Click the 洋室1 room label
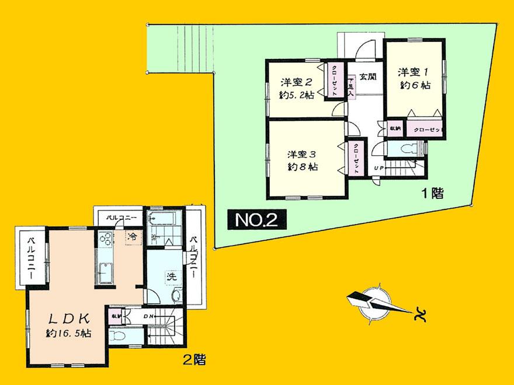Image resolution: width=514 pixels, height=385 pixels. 414,72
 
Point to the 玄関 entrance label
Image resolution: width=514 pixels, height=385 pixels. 367,76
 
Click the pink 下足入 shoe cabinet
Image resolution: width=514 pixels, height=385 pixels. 351,87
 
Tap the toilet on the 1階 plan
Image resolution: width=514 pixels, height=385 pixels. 405,150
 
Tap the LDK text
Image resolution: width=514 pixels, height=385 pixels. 68,318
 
